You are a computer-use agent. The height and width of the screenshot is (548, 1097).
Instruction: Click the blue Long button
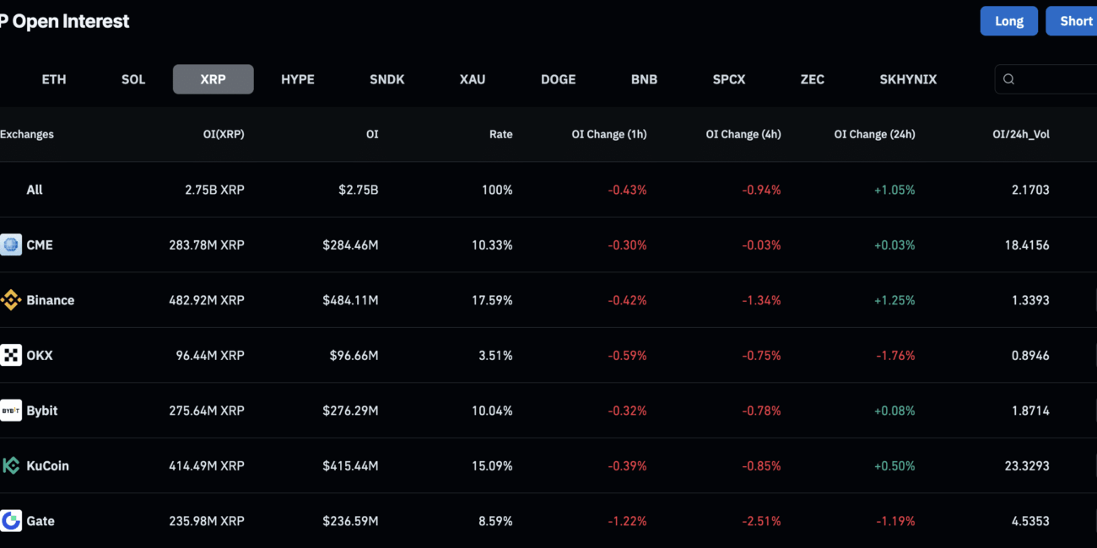[1009, 21]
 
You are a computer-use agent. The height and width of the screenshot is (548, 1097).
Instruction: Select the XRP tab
[213, 79]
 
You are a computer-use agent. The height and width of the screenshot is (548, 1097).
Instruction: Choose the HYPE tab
[298, 79]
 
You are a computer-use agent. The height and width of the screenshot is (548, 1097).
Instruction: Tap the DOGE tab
[559, 79]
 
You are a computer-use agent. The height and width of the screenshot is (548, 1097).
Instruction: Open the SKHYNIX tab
[908, 79]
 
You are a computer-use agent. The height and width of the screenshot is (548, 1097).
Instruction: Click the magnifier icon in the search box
[1008, 79]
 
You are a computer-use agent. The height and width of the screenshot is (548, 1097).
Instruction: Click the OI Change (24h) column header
[875, 134]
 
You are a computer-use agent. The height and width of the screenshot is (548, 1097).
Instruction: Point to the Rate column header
[500, 134]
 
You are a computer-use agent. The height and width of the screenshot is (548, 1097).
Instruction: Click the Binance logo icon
[11, 300]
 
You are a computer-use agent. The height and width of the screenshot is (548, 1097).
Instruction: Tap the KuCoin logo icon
[11, 465]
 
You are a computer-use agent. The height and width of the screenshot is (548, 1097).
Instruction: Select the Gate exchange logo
[11, 521]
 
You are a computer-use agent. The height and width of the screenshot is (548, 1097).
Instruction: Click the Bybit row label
[41, 411]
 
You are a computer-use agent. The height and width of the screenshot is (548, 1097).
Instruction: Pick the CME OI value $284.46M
[350, 244]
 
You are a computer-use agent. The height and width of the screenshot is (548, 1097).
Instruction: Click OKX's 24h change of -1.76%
[895, 355]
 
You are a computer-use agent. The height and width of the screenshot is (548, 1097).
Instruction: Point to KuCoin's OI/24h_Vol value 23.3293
[1027, 465]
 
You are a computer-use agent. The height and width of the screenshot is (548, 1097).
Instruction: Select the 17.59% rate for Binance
[492, 300]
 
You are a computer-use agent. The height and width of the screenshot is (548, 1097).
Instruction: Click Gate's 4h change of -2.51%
[761, 521]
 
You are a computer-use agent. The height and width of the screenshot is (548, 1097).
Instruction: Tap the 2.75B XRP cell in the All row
[214, 190]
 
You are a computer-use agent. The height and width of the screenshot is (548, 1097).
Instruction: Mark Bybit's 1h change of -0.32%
[627, 411]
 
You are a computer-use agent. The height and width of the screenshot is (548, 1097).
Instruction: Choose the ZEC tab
[813, 79]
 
